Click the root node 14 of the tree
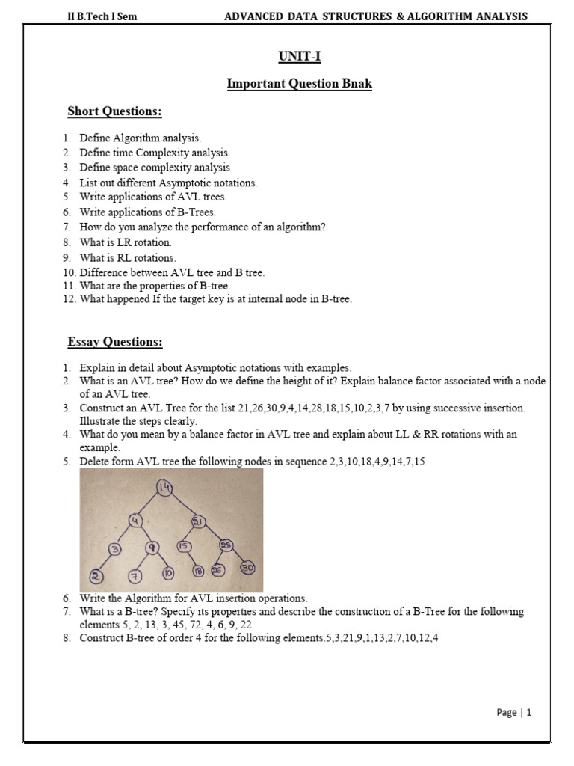coord(164,488)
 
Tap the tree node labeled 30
coord(247,569)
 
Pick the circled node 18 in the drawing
coord(199,571)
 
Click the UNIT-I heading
coord(299,56)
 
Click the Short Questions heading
coord(114,111)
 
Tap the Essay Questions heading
coord(114,342)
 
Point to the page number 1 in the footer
coord(528,713)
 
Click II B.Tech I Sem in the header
coord(102,16)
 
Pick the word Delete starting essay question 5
coord(95,462)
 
